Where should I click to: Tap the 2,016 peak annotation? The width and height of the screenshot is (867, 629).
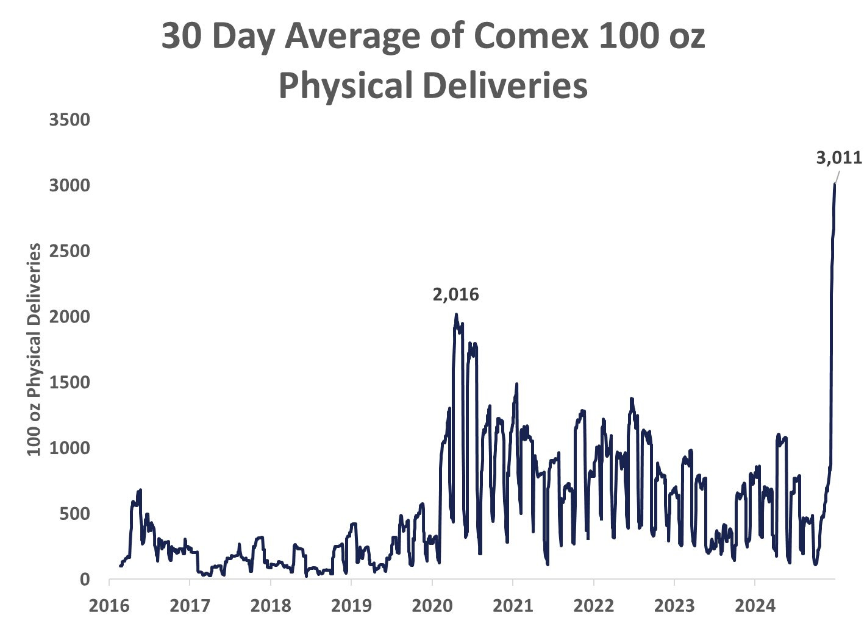[456, 295]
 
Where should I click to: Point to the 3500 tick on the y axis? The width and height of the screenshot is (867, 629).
[70, 119]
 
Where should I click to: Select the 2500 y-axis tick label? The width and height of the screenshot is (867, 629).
[70, 251]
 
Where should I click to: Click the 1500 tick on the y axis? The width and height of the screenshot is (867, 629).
[70, 382]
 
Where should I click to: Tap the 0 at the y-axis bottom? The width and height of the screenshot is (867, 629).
[85, 579]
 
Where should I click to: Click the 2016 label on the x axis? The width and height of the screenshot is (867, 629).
[109, 606]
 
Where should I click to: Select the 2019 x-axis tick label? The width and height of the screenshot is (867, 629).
[351, 606]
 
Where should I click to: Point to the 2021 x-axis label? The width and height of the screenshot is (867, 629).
[513, 606]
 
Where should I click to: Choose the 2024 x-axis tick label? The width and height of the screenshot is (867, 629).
[755, 606]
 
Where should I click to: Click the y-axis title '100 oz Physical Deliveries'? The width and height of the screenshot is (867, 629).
[35, 349]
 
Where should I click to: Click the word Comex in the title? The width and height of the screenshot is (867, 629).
[530, 38]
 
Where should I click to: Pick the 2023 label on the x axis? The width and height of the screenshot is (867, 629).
[674, 606]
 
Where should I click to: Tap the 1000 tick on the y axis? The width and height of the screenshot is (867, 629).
[70, 448]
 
